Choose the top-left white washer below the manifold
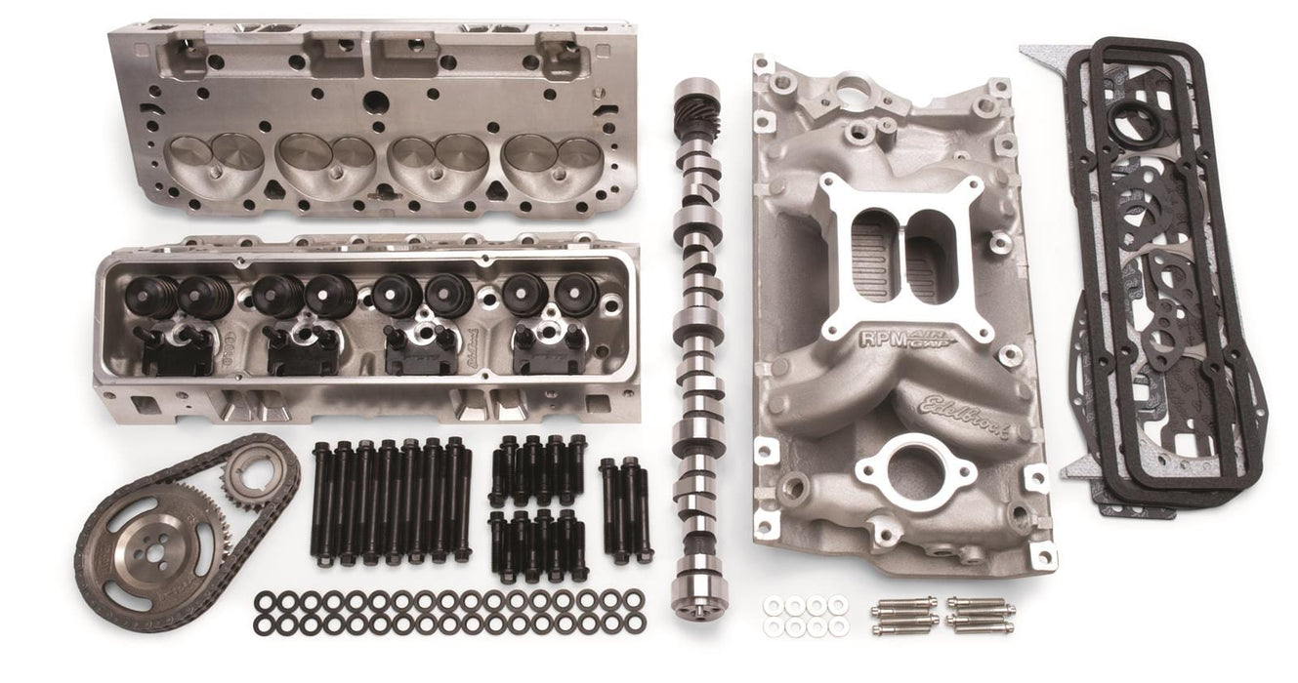pyautogui.click(x=774, y=606)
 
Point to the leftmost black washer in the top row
pyautogui.click(x=264, y=600)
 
